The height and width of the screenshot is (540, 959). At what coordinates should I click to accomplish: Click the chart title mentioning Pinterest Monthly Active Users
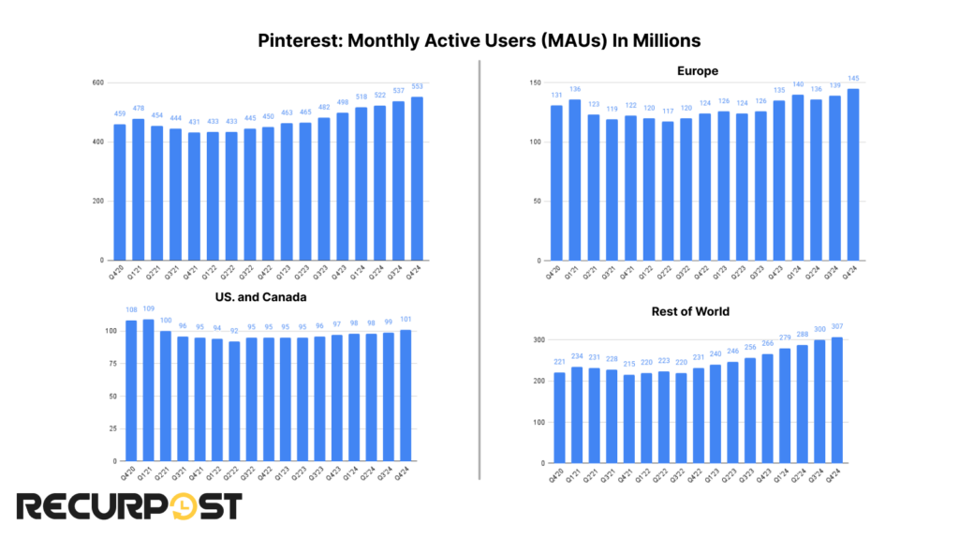(479, 41)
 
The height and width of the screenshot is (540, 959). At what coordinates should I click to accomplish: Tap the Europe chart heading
(698, 71)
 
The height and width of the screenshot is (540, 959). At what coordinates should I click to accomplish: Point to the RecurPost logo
(130, 507)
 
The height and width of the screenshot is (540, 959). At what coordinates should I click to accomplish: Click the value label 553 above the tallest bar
(416, 87)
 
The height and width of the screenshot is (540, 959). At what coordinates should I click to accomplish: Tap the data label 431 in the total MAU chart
(193, 123)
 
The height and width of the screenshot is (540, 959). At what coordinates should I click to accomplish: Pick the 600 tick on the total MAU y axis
(96, 83)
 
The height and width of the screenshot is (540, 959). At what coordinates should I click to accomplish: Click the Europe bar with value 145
(853, 174)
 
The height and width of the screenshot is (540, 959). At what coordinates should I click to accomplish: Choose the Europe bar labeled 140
(797, 177)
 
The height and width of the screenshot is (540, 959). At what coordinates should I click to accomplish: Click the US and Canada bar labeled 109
(148, 390)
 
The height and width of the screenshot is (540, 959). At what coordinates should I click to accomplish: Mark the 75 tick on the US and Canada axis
(111, 364)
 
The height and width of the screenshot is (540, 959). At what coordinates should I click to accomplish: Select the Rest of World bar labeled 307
(836, 399)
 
